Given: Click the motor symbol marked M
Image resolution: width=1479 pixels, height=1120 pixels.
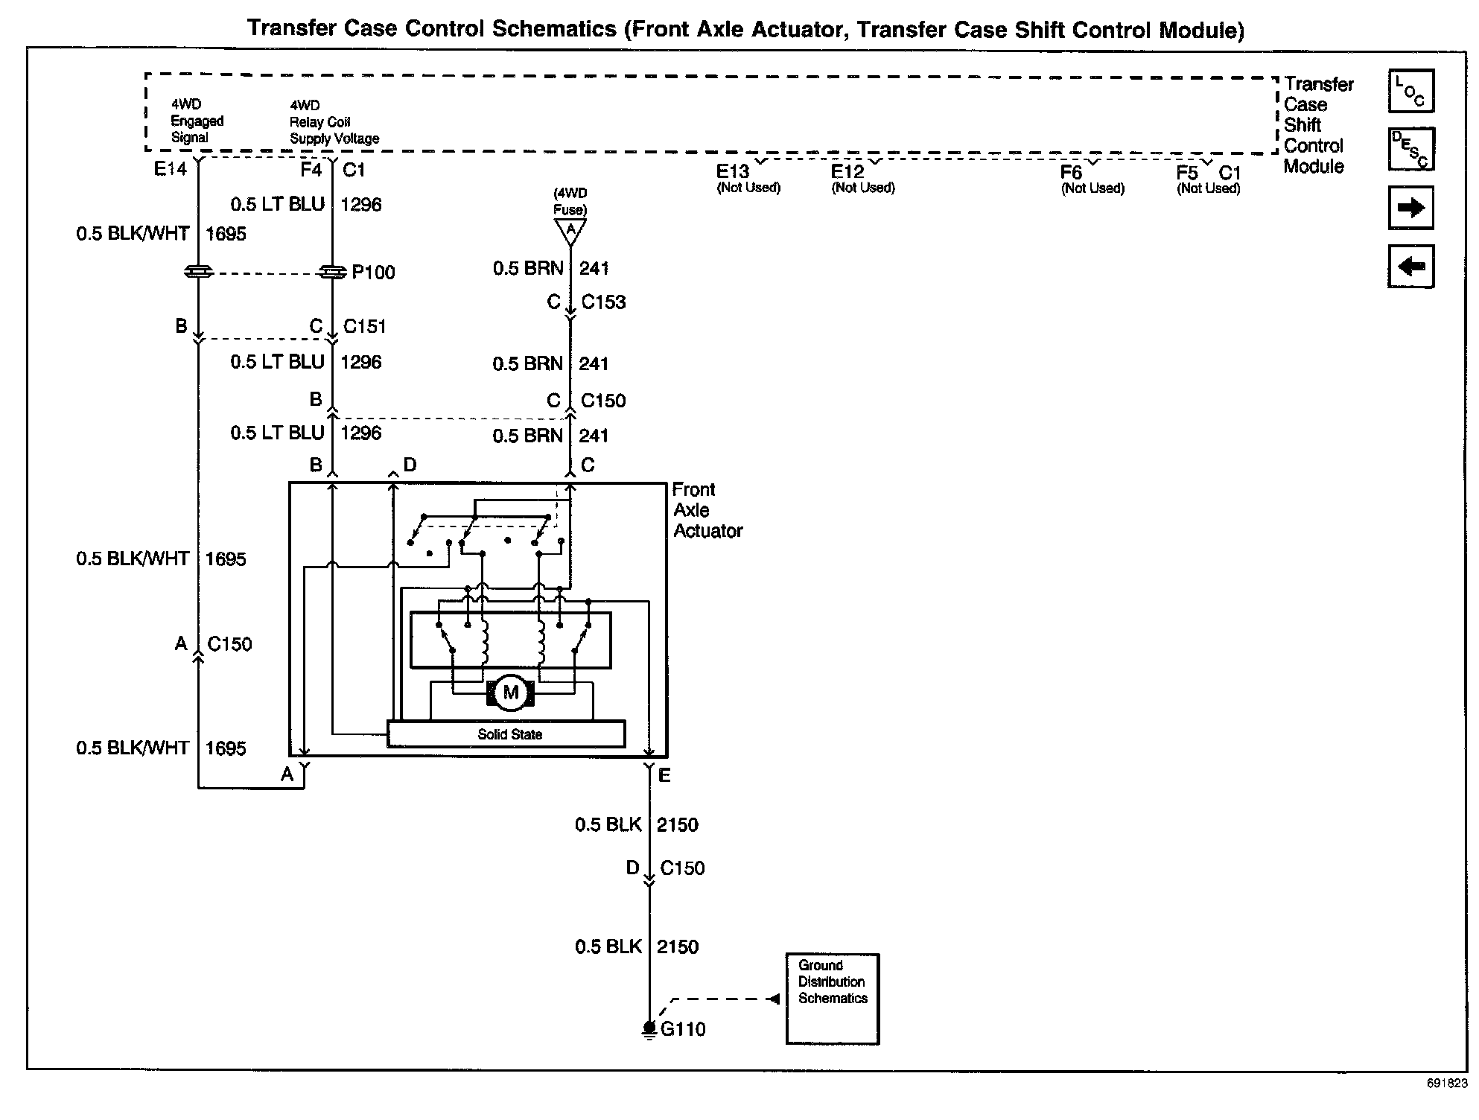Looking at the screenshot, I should (510, 693).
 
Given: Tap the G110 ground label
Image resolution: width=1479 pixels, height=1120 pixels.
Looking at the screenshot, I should (682, 1029).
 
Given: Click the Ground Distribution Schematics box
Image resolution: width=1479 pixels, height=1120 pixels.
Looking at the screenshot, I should (833, 999).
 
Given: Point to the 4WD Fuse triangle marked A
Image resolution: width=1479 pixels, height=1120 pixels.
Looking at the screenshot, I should (570, 231).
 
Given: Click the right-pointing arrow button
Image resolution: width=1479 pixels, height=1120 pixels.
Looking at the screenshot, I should (1410, 208).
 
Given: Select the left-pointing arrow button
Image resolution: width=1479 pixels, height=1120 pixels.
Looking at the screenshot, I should (1410, 266).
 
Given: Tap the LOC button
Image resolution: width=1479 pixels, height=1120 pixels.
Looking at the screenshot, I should (1410, 91).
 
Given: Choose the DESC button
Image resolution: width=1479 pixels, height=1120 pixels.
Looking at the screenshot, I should (1410, 149).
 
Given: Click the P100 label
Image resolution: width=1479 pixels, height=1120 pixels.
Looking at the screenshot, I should (373, 273).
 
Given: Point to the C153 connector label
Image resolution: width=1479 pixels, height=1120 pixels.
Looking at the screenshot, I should (603, 302).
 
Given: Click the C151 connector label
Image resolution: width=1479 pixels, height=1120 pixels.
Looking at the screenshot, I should (364, 326).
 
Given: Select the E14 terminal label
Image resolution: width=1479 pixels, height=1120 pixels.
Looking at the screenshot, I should (170, 170).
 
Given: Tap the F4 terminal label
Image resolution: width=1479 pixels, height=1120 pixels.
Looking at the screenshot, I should (311, 171).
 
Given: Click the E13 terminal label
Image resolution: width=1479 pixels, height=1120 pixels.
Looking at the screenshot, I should (732, 172).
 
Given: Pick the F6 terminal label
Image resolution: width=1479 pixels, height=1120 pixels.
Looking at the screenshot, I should (1071, 173).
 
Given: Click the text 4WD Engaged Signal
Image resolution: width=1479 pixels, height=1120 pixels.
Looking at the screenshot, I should (197, 121).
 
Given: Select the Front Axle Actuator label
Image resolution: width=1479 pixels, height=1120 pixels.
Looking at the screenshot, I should (707, 510).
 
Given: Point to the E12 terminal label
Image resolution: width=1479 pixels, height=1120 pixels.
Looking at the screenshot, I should (847, 172).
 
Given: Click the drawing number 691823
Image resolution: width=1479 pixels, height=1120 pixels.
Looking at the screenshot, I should (1446, 1084).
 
